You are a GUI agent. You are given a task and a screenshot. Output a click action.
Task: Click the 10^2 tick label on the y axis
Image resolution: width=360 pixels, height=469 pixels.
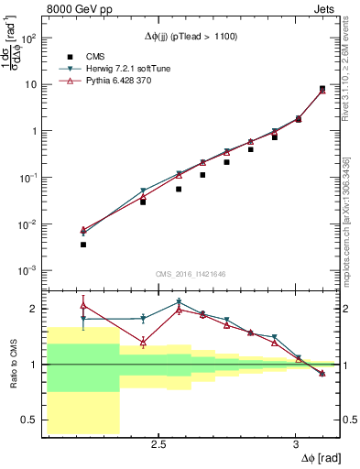[27, 38]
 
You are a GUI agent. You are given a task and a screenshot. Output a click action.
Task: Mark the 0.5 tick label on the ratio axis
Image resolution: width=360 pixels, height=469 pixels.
[28, 420]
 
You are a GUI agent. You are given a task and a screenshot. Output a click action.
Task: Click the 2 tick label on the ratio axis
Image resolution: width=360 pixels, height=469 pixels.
[33, 309]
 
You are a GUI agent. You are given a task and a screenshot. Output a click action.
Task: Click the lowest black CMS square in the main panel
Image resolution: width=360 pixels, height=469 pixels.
[83, 245]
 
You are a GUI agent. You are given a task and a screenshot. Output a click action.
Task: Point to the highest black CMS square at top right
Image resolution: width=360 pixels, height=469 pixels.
[322, 89]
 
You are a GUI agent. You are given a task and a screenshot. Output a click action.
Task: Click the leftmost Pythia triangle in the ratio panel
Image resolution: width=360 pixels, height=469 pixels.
[83, 306]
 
